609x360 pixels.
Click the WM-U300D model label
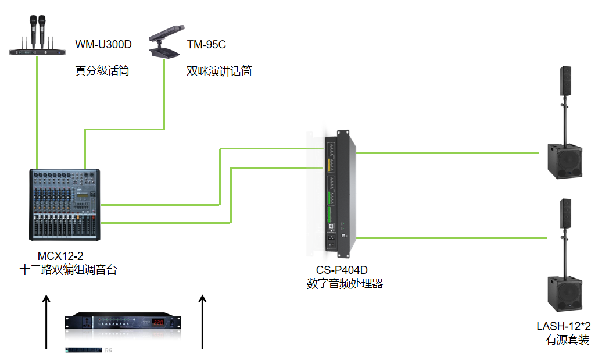(103, 44)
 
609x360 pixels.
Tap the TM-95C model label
(206, 44)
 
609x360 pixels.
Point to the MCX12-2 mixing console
(66, 205)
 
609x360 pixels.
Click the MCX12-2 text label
(60, 256)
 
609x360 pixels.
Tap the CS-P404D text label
(342, 270)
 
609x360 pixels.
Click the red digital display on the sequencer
(160, 322)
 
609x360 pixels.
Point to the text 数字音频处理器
(345, 284)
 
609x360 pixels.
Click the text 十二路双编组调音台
(68, 270)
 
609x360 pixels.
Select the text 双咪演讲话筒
(218, 72)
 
